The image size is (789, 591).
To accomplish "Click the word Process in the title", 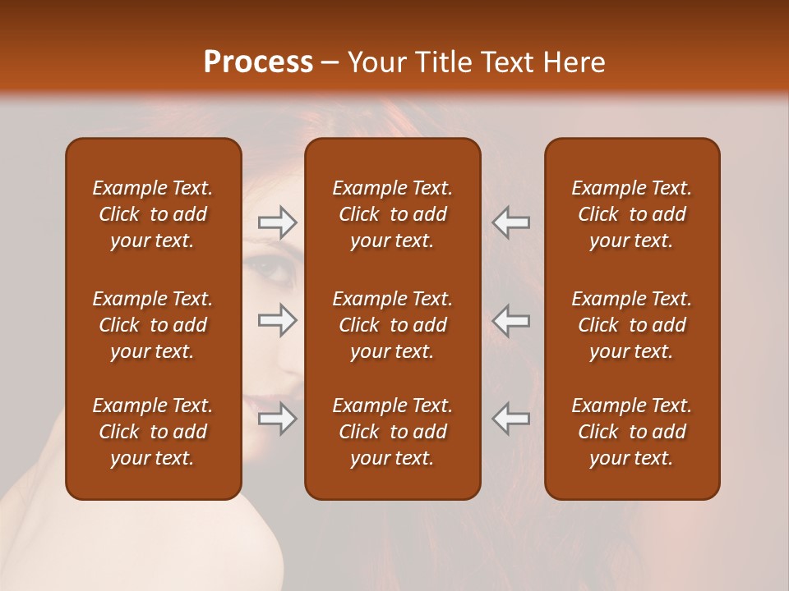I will coord(258,62).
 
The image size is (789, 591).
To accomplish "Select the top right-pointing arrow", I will coord(277,222).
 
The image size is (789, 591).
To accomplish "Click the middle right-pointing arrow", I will coord(277,320).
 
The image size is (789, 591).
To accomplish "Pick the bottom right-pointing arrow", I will coord(277,419).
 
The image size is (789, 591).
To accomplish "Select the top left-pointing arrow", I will coord(511,222).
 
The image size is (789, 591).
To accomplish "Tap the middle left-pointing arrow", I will coord(511,320).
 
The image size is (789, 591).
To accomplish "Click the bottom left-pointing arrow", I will coord(511,419).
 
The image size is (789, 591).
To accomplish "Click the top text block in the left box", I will coord(153,214).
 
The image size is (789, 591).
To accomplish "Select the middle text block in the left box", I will coord(153,325).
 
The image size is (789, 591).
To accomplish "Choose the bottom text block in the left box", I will coord(153,432).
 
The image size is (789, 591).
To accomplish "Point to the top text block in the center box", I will coord(392,214).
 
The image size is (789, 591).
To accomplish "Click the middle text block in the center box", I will coord(392,325).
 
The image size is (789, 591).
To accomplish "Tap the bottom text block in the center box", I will coord(392,432).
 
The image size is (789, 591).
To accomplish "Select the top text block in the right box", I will coord(631,214).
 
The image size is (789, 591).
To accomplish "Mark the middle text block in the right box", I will coord(631,325).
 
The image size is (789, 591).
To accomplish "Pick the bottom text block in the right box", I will coord(631,432).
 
